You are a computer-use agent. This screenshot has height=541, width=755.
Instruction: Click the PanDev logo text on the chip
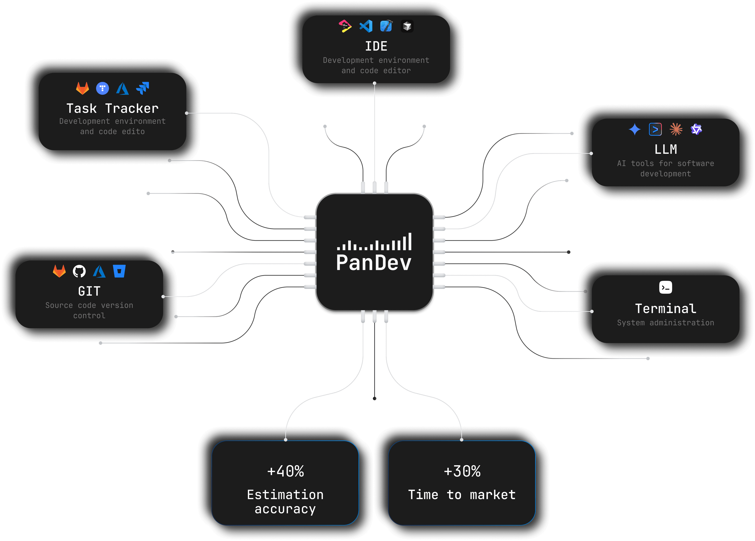tap(374, 263)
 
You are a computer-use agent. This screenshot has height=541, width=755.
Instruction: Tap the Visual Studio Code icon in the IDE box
tap(366, 26)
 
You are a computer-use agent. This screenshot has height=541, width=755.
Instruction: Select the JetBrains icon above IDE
tap(345, 26)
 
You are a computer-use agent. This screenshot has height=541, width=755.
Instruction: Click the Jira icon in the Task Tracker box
tap(143, 88)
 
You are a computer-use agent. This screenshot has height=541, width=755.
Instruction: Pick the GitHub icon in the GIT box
tap(79, 271)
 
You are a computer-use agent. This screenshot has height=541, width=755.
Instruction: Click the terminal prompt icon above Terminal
tap(666, 287)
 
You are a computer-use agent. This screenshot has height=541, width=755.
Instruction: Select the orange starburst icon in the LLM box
tap(676, 129)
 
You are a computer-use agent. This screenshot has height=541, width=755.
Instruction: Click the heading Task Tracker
tap(112, 109)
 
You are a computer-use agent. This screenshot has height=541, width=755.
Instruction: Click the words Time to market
tap(462, 495)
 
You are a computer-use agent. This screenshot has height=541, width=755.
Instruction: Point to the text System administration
tap(666, 323)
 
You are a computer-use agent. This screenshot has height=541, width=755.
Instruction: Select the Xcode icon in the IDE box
tap(386, 26)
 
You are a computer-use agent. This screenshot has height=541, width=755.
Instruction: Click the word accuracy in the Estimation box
tap(285, 509)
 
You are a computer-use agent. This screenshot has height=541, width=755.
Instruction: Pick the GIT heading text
tap(89, 291)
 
